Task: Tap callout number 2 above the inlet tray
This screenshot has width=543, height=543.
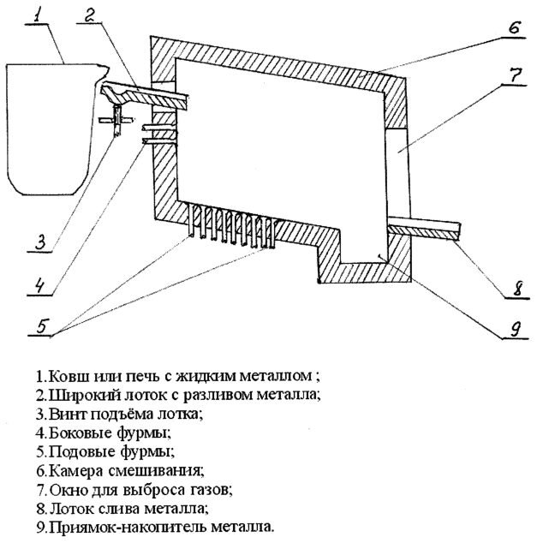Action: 91,15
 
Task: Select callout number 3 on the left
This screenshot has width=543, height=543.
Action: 40,242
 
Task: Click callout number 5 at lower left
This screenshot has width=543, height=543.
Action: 42,325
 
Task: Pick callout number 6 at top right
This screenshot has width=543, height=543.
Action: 515,27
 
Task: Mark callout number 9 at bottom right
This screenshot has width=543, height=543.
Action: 516,328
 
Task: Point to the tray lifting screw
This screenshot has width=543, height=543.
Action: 117,120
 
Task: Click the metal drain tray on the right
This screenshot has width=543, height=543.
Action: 425,230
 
